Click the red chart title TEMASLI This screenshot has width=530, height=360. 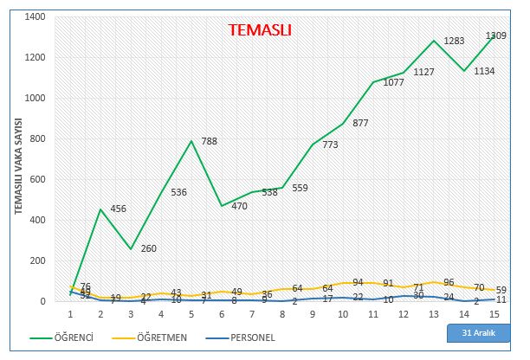(260, 30)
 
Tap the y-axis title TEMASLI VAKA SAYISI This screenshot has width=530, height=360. (17, 173)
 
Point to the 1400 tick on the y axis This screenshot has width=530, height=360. (33, 16)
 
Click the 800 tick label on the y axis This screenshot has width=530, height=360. (36, 138)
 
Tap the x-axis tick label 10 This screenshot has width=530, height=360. (343, 316)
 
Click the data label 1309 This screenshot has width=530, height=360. (496, 35)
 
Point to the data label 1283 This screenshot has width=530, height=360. (455, 41)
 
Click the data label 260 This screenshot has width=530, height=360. (148, 249)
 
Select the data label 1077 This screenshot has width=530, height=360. (394, 83)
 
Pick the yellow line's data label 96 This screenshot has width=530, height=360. (449, 282)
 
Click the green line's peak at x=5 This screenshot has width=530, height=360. (191, 140)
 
